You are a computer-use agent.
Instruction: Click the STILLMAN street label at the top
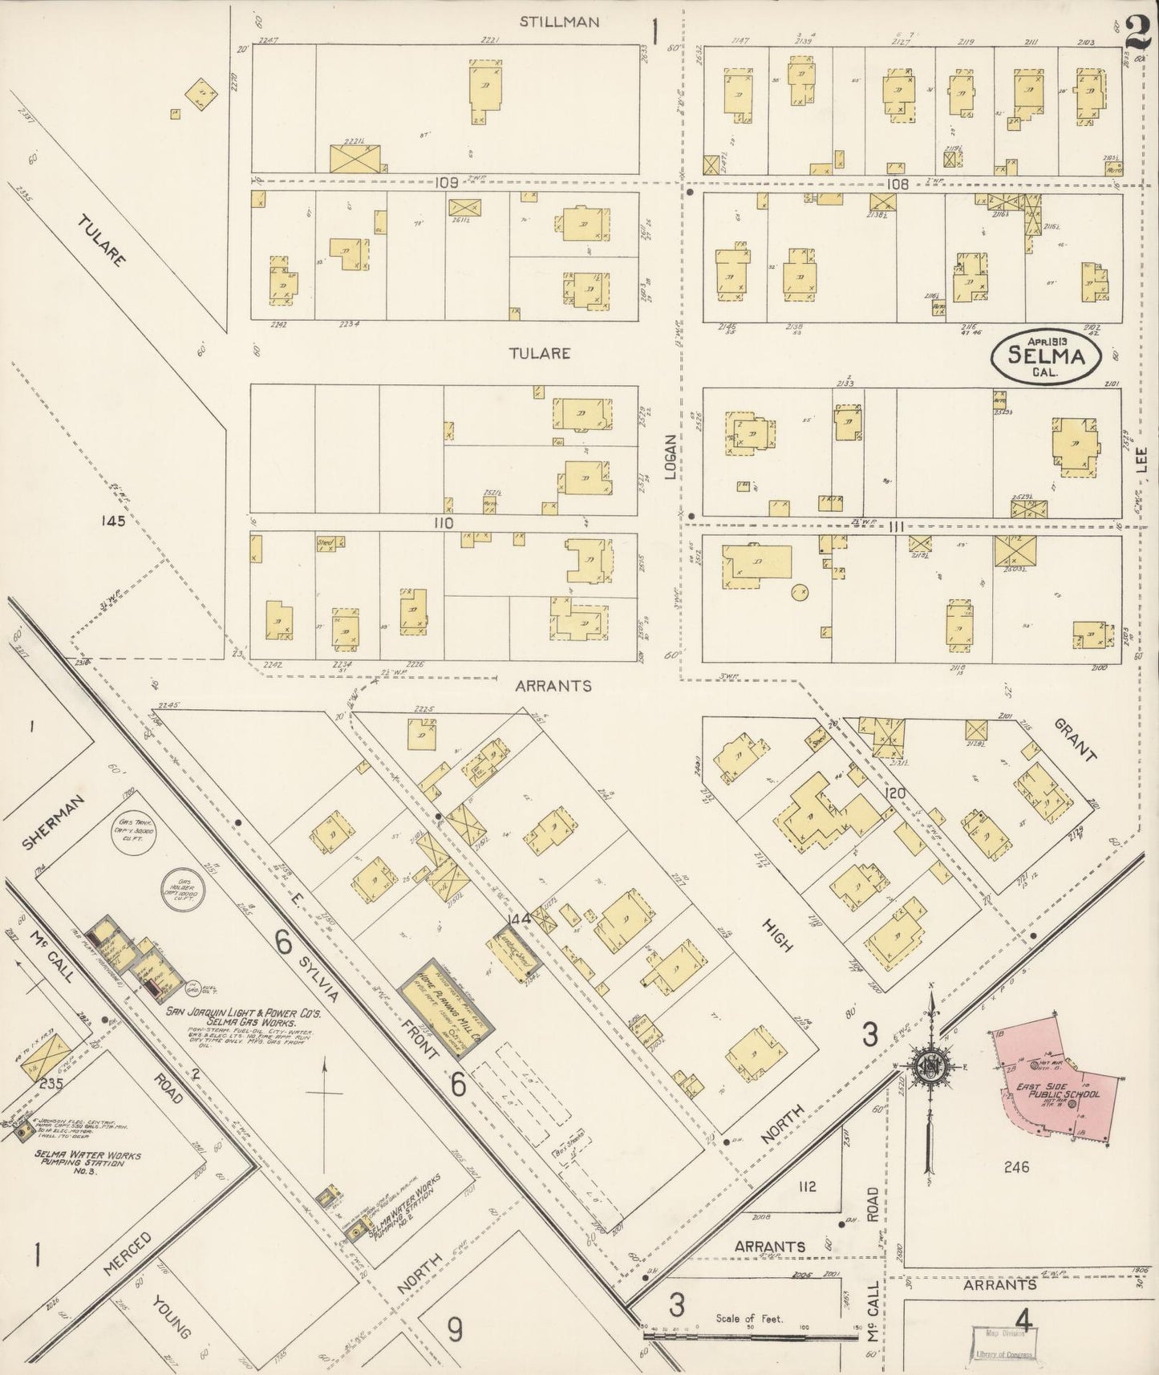tap(559, 22)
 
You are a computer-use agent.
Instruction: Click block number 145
tap(113, 521)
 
